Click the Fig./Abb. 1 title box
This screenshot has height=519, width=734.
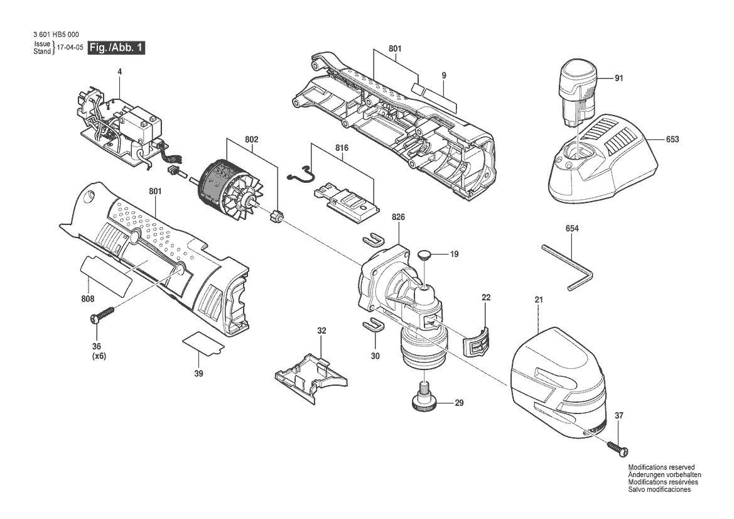point(117,48)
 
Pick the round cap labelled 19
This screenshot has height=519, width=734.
point(424,254)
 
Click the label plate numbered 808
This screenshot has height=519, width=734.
point(106,276)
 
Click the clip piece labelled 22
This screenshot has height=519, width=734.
point(477,341)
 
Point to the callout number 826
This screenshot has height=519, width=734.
point(398,217)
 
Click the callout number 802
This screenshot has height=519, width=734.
point(251,139)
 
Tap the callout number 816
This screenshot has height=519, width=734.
point(342,148)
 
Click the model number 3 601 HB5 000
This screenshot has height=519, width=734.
point(57,35)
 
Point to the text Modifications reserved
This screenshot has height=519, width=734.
point(661,467)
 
